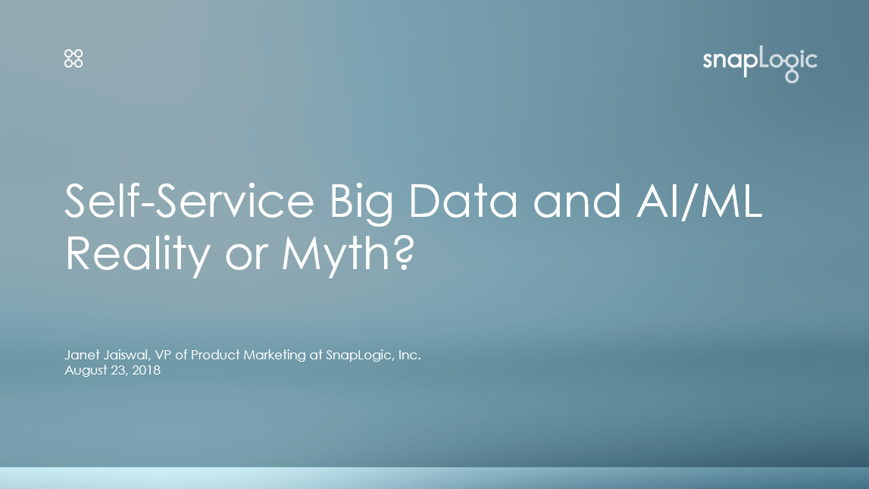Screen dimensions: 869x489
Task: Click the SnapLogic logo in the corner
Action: tap(760, 64)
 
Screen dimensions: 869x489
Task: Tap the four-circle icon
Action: tap(73, 58)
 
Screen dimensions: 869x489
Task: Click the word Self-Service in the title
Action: tap(189, 201)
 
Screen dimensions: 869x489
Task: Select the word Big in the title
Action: tap(361, 204)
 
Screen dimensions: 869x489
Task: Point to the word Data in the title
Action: tap(463, 201)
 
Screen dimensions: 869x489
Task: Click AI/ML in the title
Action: tap(699, 202)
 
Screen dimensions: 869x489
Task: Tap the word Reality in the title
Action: tap(137, 255)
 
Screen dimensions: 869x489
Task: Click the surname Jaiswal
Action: tap(127, 356)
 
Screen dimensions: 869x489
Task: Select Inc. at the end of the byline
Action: tap(410, 355)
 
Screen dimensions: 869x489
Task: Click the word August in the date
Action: tap(86, 371)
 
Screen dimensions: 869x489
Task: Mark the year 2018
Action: tap(146, 370)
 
